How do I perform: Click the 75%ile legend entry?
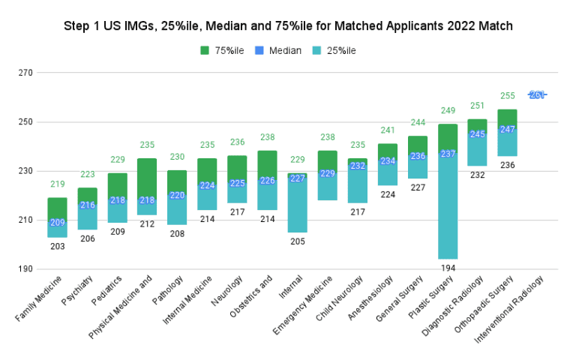(223, 50)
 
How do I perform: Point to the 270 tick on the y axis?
(25, 73)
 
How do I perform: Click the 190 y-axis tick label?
(25, 269)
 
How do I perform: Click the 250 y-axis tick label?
(25, 122)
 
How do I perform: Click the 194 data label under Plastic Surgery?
(448, 268)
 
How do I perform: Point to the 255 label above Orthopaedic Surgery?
(507, 96)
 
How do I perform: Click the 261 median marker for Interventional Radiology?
(537, 94)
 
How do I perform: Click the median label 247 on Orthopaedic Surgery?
(507, 130)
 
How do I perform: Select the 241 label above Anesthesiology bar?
(387, 130)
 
